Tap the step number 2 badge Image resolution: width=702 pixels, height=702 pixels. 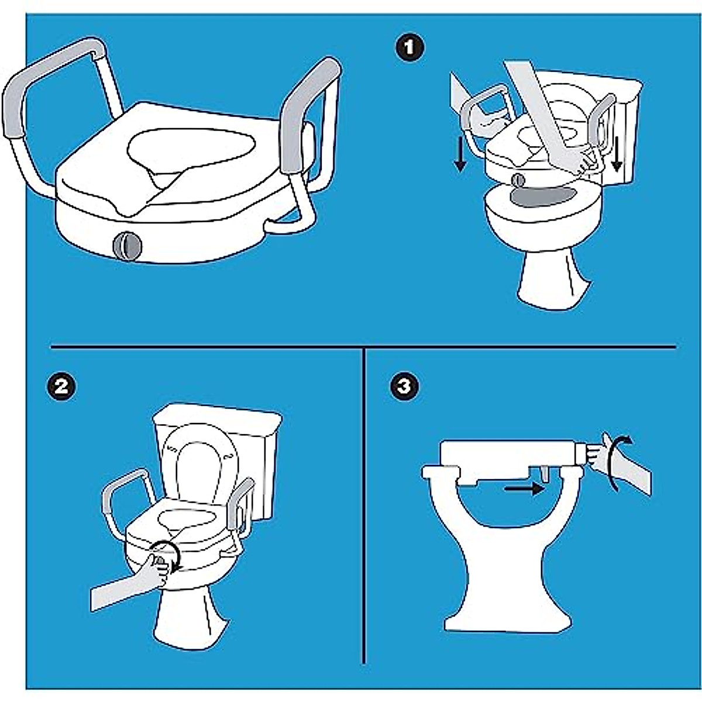pyautogui.click(x=61, y=386)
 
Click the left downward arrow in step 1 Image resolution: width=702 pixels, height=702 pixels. pyautogui.click(x=460, y=156)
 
